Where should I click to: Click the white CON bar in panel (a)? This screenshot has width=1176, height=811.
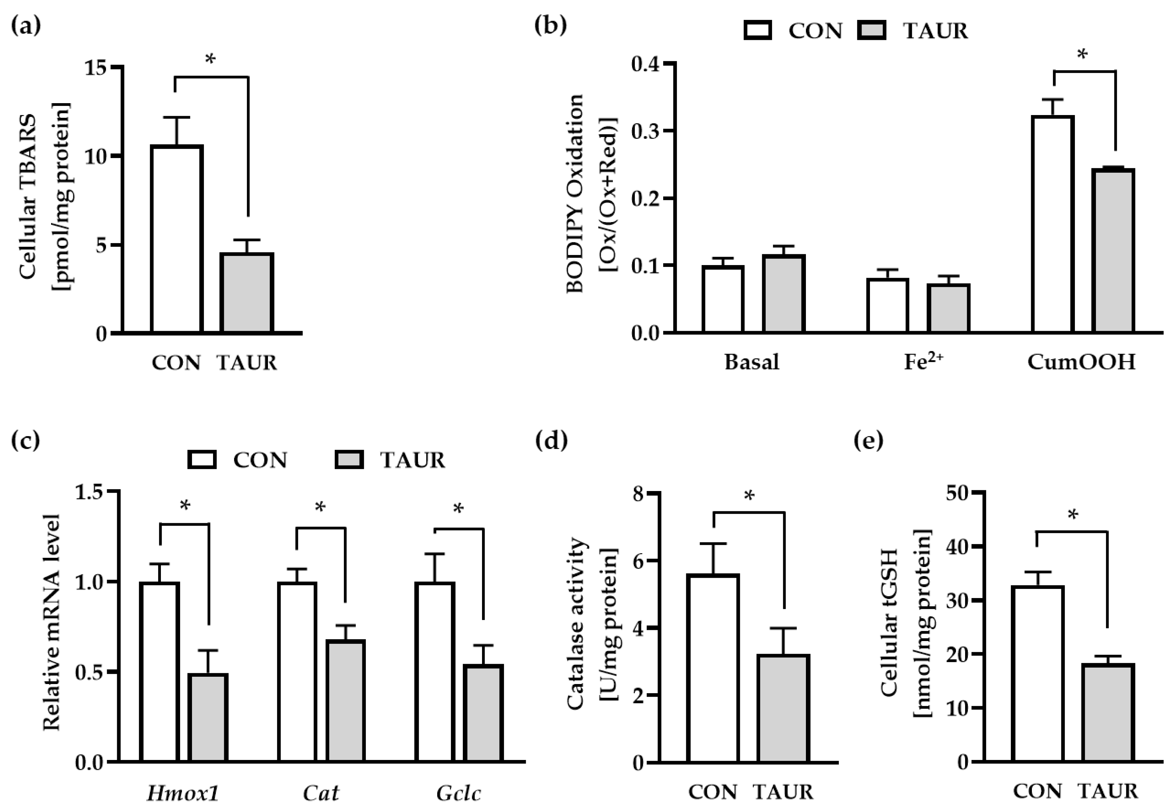point(177,239)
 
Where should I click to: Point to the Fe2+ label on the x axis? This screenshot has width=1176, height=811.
point(923,362)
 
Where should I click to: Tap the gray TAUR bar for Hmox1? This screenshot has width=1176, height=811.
point(208,718)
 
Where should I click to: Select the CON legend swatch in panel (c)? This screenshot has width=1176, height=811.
point(202,460)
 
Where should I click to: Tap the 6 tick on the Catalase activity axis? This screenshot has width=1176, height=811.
point(638,561)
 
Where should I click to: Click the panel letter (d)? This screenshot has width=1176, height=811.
point(551,441)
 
